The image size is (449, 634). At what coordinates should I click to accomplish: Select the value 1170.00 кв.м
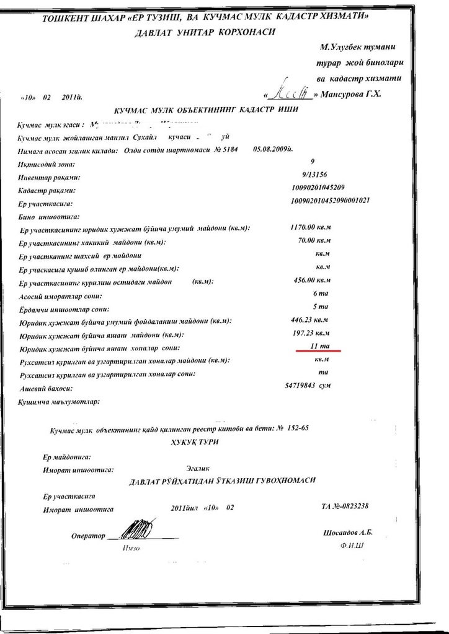[311, 227]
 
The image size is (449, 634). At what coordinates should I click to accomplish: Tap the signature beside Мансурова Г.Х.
[288, 93]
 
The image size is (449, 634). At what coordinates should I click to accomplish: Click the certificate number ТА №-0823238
[345, 506]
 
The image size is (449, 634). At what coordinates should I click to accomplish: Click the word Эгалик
[198, 469]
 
